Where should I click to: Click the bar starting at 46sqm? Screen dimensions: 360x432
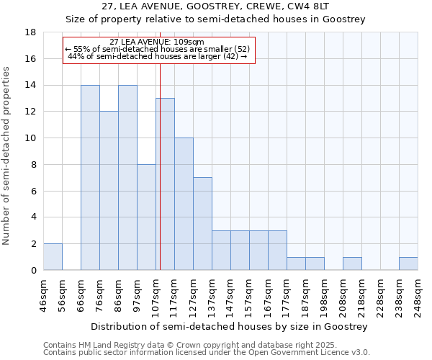(x=53, y=257)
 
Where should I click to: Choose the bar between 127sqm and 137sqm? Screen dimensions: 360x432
(x=202, y=224)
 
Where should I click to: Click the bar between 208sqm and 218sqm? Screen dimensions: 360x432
(x=352, y=264)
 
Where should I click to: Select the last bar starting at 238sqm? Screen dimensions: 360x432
(x=408, y=264)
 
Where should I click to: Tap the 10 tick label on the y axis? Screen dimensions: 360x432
(x=31, y=138)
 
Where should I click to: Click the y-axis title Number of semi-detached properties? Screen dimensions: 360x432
(x=7, y=156)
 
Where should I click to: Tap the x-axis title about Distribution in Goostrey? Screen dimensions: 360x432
(x=230, y=326)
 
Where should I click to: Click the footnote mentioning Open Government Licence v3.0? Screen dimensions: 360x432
(x=207, y=353)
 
